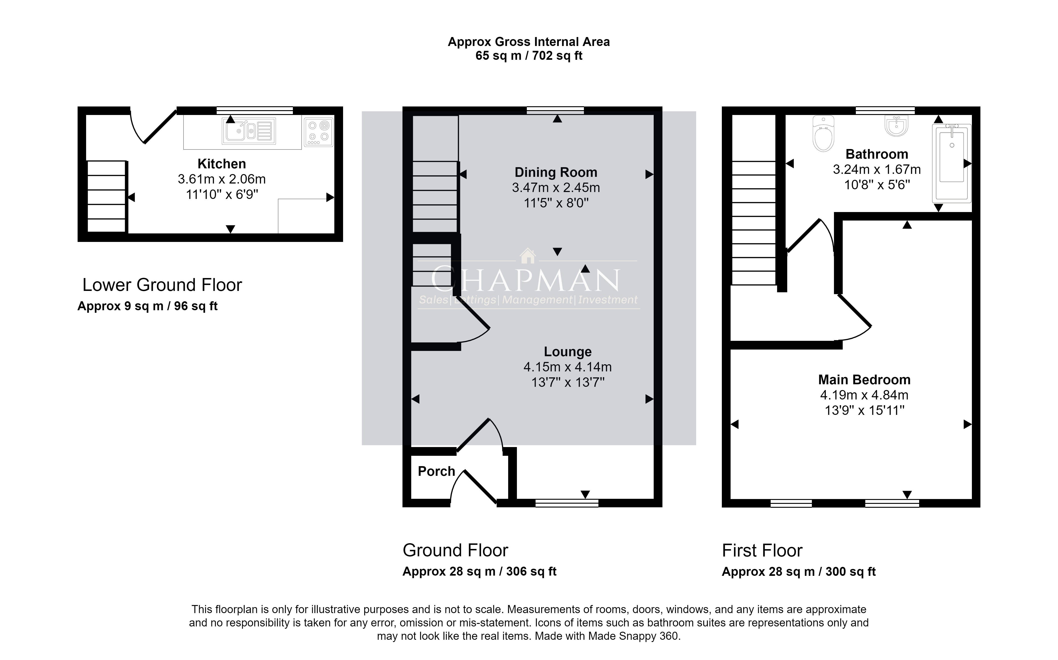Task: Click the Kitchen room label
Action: pos(222,164)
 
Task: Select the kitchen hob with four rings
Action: pos(319,132)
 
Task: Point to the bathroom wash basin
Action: pos(896,126)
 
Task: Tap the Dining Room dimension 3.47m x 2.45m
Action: pos(556,188)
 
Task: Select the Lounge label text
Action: pos(568,351)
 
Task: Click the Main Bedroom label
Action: pos(864,380)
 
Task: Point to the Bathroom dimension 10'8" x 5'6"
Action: pos(877,185)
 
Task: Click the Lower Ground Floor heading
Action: pos(162,285)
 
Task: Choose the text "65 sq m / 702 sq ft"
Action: pos(529,56)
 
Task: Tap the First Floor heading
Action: pos(762,551)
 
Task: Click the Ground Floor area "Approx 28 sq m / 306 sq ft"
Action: pos(479,571)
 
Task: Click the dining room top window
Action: pos(555,110)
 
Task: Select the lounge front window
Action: pos(567,503)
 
